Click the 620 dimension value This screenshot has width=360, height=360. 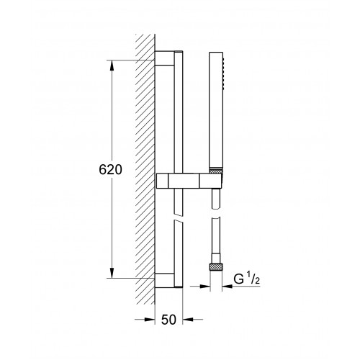(110, 170)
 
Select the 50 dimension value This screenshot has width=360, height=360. (168, 320)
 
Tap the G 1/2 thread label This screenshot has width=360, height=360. (247, 279)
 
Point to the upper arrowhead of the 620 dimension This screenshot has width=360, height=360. (112, 66)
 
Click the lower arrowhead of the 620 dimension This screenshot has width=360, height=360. (112, 273)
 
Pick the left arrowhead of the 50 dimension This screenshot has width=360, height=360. (149, 320)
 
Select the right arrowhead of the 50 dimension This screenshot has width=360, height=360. (188, 320)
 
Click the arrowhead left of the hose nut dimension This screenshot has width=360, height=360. (204, 286)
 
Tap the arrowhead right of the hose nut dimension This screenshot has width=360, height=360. (228, 286)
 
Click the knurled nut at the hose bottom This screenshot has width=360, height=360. (216, 266)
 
